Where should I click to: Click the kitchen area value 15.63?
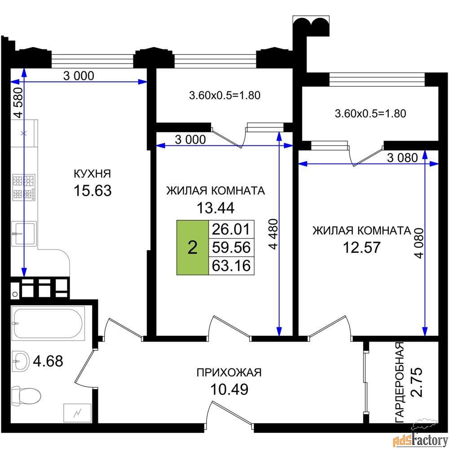pyautogui.click(x=92, y=190)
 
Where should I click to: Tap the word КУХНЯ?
pyautogui.click(x=92, y=174)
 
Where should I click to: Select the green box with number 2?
pyautogui.click(x=193, y=247)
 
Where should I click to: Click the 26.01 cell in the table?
pyautogui.click(x=231, y=229)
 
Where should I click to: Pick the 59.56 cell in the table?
pyautogui.click(x=231, y=247)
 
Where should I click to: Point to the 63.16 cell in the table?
pyautogui.click(x=231, y=266)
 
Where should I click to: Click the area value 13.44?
pyautogui.click(x=216, y=208)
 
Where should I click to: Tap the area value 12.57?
pyautogui.click(x=361, y=247)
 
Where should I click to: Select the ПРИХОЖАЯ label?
pyautogui.click(x=229, y=373)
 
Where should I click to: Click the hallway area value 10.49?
pyautogui.click(x=229, y=389)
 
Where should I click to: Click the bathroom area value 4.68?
pyautogui.click(x=48, y=361)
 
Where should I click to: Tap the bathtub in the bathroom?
pyautogui.click(x=48, y=323)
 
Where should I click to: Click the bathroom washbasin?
pyautogui.click(x=21, y=361)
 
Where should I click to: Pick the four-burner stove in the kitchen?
pyautogui.click(x=24, y=187)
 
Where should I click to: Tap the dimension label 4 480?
pyautogui.click(x=273, y=234)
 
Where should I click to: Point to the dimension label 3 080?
pyautogui.click(x=402, y=158)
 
